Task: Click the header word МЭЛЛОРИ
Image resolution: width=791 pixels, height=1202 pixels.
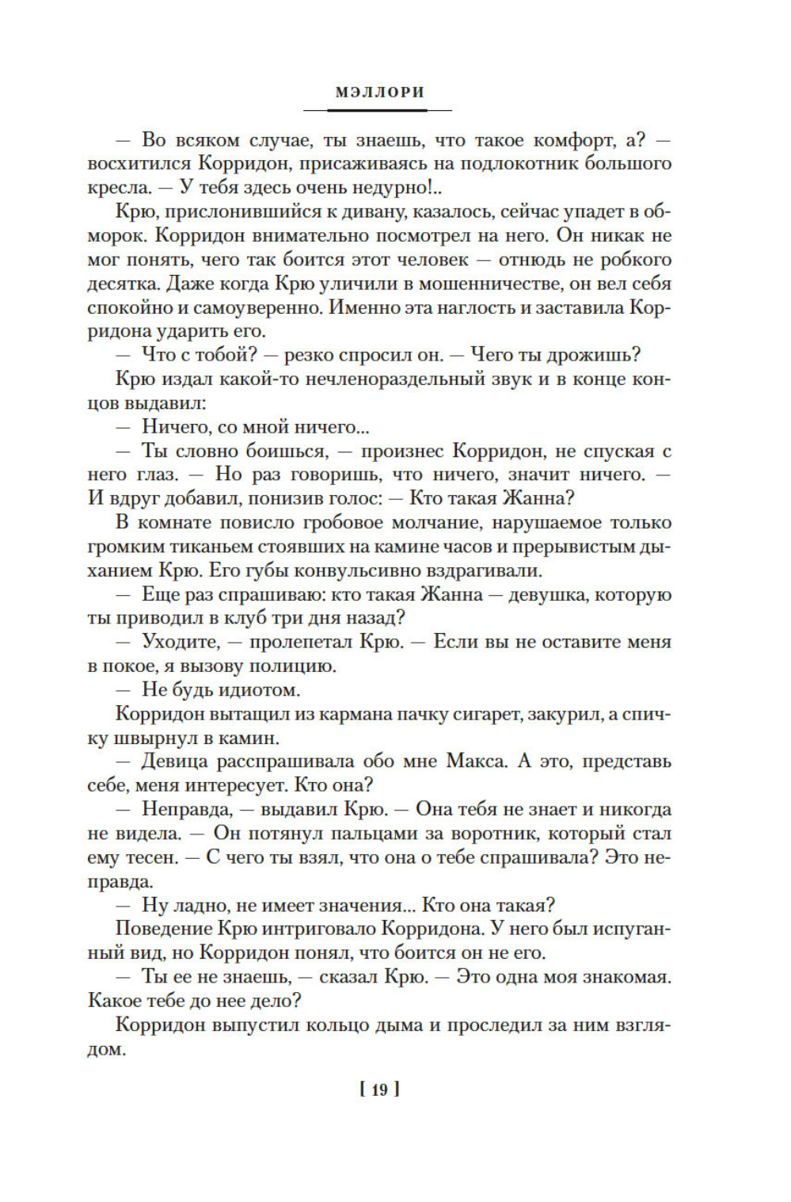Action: tap(379, 92)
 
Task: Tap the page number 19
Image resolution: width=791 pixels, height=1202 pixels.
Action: tap(379, 1089)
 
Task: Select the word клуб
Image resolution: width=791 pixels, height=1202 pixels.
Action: tap(245, 618)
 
